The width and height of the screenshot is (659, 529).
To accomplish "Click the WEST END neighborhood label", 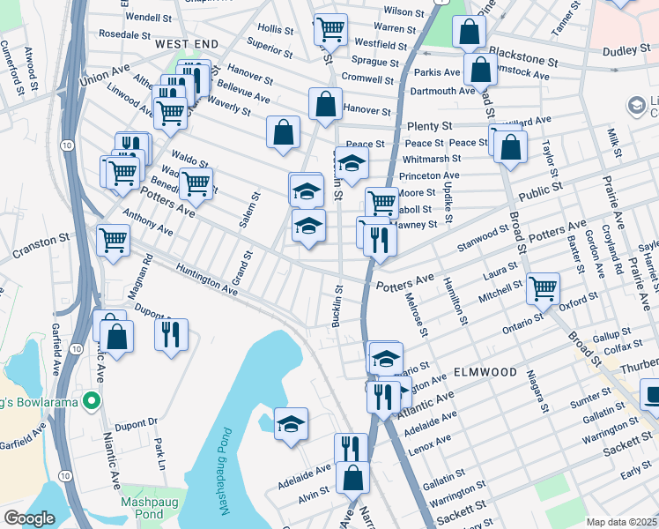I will pos(186,43).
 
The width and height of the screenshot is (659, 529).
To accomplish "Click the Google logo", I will pos(29,518).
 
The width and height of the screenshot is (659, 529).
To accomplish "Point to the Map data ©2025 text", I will pos(621,522).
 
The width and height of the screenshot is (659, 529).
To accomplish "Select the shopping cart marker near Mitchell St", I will pos(543,287).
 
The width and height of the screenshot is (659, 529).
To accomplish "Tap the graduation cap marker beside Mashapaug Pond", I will pos(291,424).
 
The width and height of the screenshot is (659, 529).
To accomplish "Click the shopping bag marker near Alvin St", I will pos(352,477).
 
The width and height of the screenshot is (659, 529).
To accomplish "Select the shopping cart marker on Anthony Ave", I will pos(114,239).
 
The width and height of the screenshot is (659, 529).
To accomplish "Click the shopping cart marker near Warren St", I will pos(330,28).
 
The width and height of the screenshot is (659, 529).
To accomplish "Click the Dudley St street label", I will pos(626,52).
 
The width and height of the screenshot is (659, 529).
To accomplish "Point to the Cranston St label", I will pos(40,240).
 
